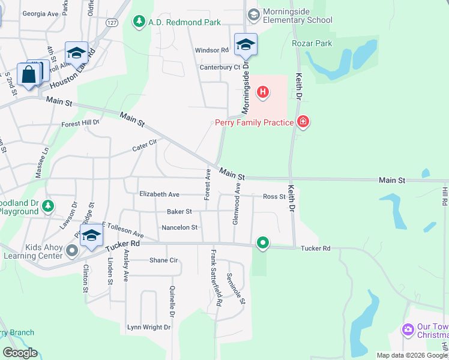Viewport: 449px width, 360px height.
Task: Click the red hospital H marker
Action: point(262,92)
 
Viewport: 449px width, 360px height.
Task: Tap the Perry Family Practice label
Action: point(255,123)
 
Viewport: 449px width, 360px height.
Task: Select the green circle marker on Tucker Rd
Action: point(262,242)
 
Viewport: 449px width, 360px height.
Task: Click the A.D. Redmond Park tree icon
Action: point(139,22)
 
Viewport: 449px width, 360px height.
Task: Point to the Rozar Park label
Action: point(312,43)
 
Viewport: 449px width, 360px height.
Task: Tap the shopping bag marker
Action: point(28,75)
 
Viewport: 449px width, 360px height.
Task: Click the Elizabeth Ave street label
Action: point(159,194)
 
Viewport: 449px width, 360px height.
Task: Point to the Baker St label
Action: point(179,211)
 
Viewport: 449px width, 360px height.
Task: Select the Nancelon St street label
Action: point(179,227)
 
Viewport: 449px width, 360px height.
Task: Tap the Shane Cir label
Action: point(164,260)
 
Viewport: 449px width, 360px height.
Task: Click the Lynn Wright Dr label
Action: point(149,328)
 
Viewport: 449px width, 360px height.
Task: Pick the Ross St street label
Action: point(274,196)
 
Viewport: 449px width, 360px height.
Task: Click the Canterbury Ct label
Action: point(220,67)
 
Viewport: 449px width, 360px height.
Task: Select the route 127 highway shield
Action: point(111,22)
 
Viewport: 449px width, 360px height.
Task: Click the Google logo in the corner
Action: point(20,353)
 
